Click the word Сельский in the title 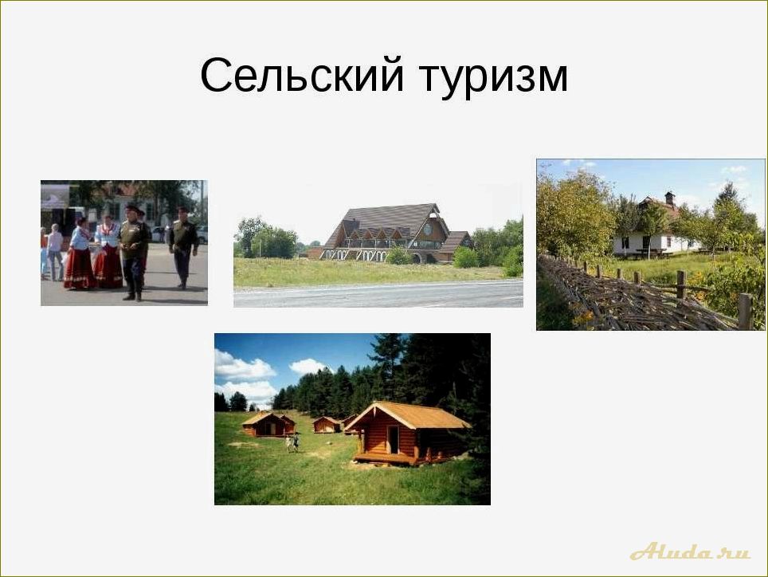[x=299, y=77]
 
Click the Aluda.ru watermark [x=689, y=551]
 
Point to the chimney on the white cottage [x=670, y=198]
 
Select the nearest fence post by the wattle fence [x=744, y=311]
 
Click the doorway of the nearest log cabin [x=394, y=439]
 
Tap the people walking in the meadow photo [x=292, y=442]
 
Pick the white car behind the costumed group [x=158, y=234]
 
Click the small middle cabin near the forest [x=326, y=424]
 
